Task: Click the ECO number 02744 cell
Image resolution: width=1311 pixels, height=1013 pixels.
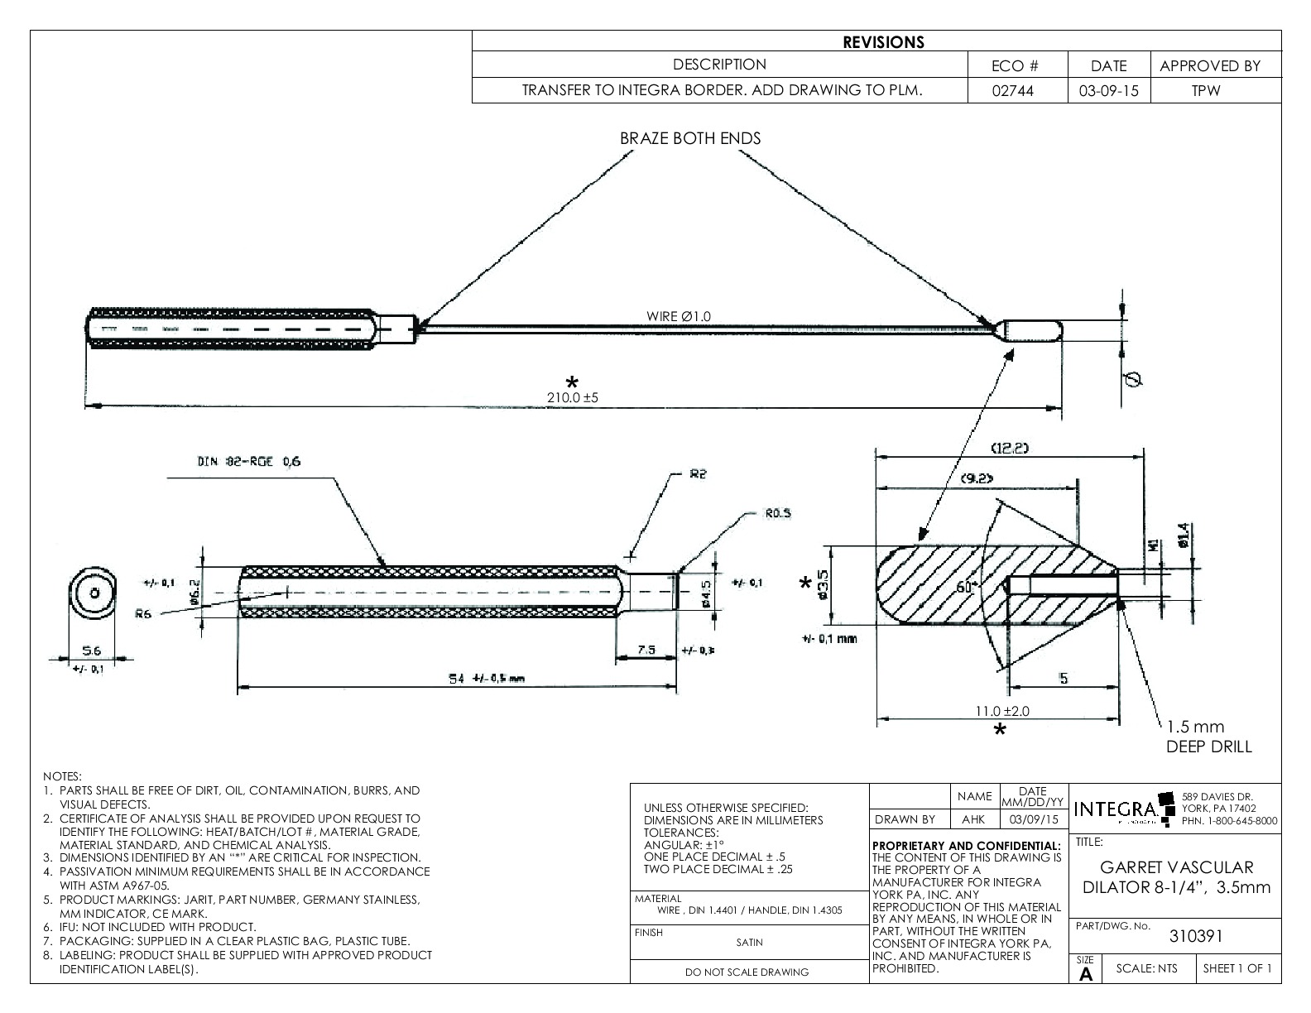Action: (x=1017, y=91)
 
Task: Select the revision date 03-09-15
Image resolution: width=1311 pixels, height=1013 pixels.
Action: (x=1108, y=91)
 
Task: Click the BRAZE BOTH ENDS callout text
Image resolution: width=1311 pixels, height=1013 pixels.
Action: (x=690, y=138)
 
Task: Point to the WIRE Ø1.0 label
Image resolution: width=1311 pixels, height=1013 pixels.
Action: (x=678, y=316)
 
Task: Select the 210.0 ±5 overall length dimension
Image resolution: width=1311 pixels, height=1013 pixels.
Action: (x=572, y=397)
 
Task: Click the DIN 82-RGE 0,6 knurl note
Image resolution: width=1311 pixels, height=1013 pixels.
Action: (x=248, y=462)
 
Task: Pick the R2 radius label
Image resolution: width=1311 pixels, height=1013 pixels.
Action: (x=697, y=475)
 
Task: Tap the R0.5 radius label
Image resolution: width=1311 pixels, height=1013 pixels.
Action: (x=777, y=513)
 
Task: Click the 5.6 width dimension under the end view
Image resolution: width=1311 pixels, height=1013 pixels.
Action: (x=91, y=651)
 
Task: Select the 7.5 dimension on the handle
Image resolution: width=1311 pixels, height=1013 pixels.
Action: (x=647, y=651)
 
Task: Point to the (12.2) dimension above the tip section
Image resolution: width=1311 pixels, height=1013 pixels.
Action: (x=1010, y=448)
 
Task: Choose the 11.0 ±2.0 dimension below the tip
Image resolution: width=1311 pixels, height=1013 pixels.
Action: (x=1003, y=711)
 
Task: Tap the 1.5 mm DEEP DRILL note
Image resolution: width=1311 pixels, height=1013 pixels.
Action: (x=1208, y=737)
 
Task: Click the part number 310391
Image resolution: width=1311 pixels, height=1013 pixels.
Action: (x=1195, y=936)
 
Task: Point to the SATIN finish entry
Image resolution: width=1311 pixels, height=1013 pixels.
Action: (x=749, y=942)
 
